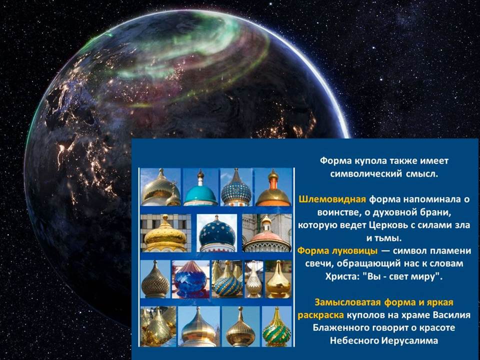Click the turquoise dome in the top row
point(200,194)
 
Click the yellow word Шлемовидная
point(332,199)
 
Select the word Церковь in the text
point(387,225)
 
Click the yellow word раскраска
point(320,315)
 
